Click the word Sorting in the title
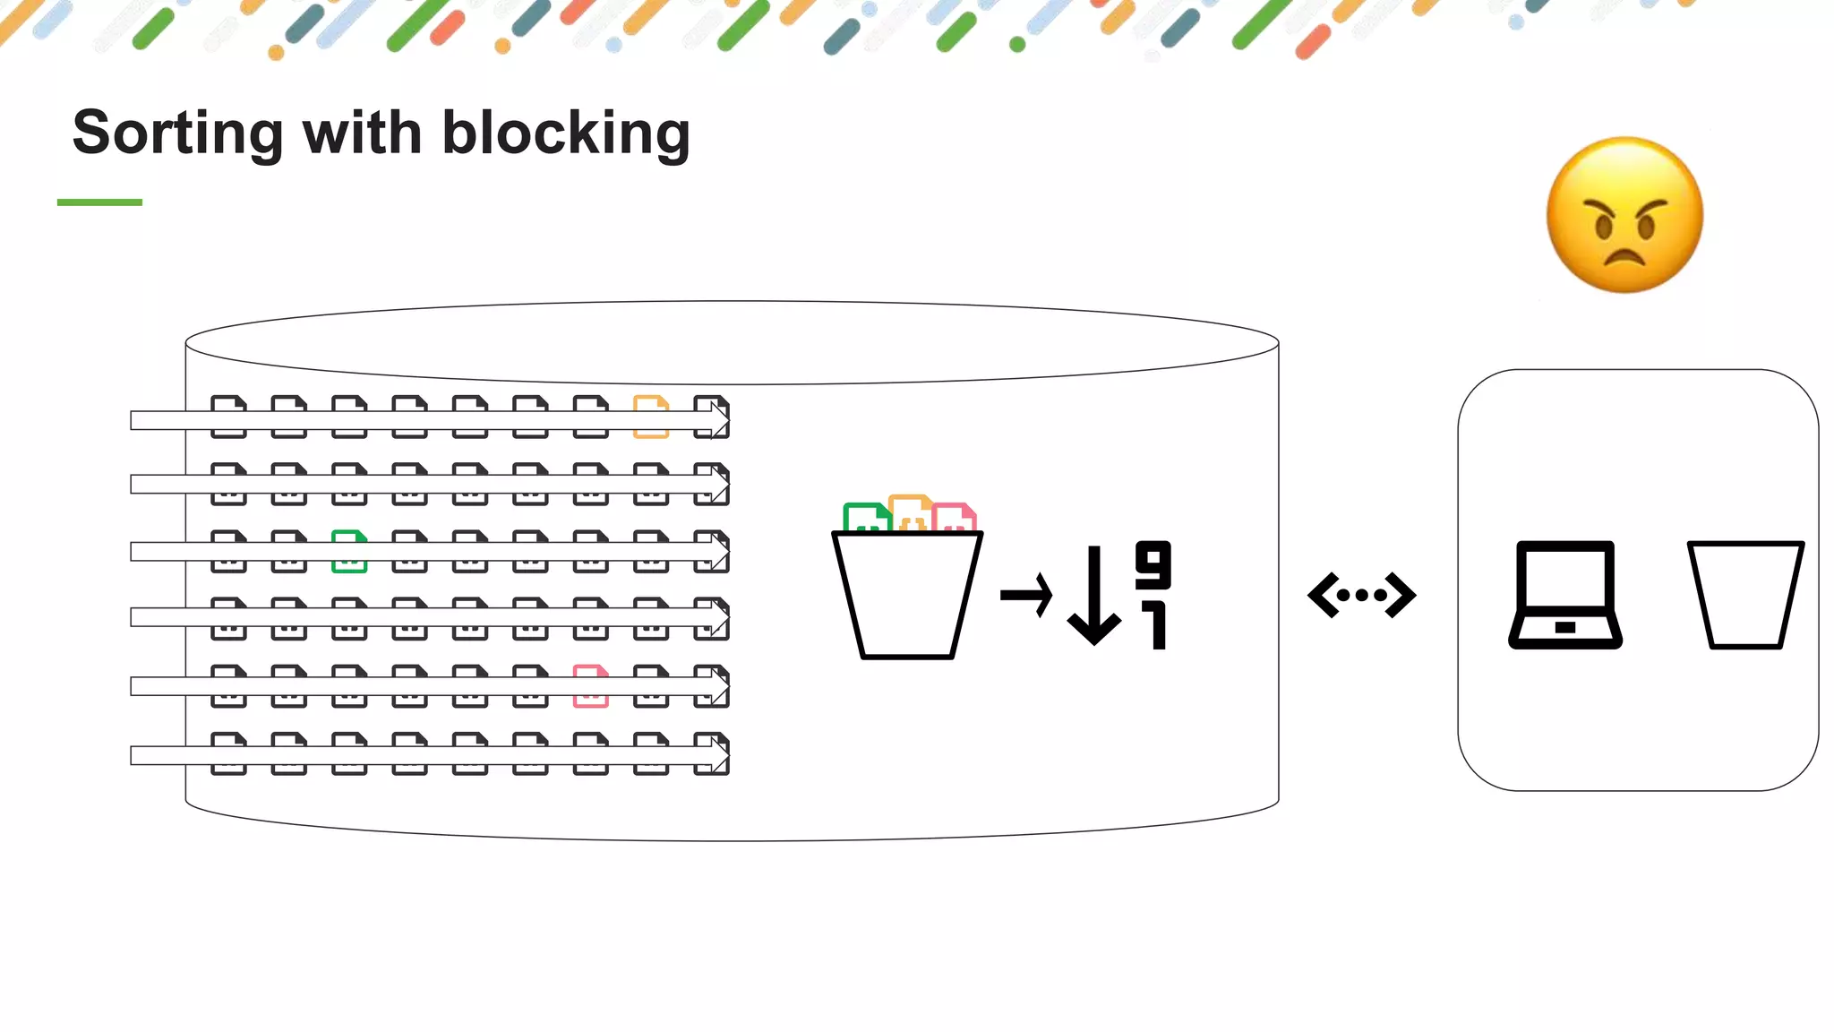coord(177,133)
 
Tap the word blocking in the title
coord(566,133)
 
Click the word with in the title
coord(362,133)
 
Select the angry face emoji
coord(1624,215)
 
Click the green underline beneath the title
coord(99,202)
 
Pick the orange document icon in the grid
coord(651,417)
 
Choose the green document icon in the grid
coord(349,551)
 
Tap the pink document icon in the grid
coord(590,686)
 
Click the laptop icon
coord(1565,595)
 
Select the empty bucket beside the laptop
coord(1745,595)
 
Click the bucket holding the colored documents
coord(907,596)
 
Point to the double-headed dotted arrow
coord(1361,595)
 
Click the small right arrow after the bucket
coord(1026,595)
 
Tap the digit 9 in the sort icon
coord(1153,564)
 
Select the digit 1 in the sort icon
coord(1156,625)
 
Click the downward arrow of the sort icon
coord(1094,597)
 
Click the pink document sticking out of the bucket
coord(955,517)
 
